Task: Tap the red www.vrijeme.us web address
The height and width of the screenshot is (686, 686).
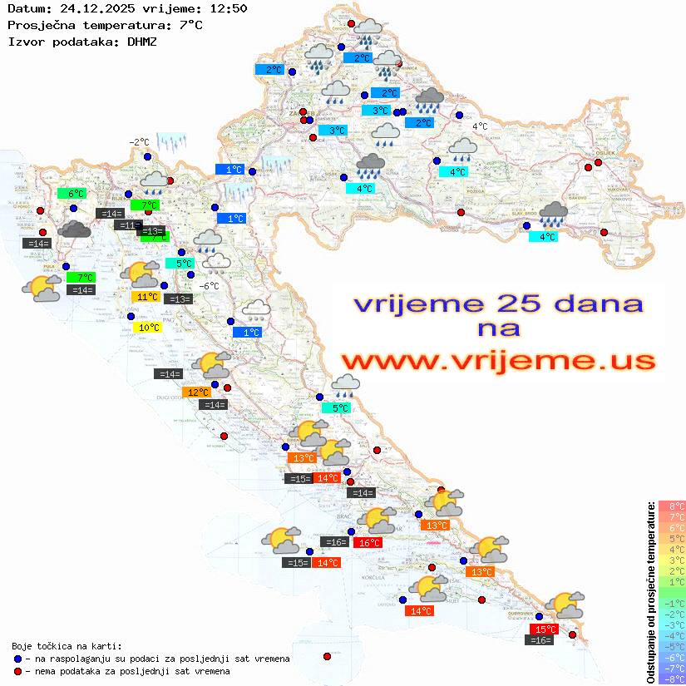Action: (x=497, y=361)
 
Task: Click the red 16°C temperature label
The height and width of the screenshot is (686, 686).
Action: (x=368, y=543)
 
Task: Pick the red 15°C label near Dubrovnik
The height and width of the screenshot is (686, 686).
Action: (x=544, y=629)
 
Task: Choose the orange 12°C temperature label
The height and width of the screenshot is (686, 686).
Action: (x=197, y=392)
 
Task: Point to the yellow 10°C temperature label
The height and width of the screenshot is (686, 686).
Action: (x=148, y=328)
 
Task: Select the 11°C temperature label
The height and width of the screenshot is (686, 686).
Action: (x=146, y=297)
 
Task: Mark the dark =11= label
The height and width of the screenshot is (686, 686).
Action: (x=127, y=225)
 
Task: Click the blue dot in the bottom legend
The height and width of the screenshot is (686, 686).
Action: (x=17, y=659)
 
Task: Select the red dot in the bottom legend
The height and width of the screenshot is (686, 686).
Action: (x=17, y=671)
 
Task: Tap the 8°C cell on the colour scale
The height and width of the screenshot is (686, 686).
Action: (x=672, y=506)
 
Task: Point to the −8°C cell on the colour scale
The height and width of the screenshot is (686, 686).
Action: (x=672, y=679)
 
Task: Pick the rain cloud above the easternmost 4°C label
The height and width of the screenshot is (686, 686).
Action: (x=553, y=215)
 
